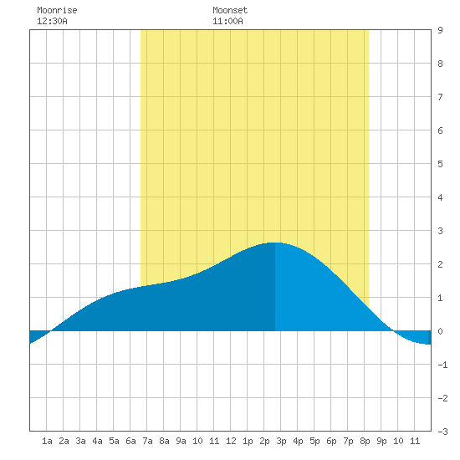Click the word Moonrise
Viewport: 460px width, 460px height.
pyautogui.click(x=57, y=10)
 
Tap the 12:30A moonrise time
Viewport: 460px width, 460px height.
pyautogui.click(x=52, y=21)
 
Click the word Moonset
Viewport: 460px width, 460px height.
pyautogui.click(x=230, y=10)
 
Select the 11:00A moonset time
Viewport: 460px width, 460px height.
pyautogui.click(x=227, y=21)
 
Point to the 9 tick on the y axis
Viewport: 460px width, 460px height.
pyautogui.click(x=440, y=30)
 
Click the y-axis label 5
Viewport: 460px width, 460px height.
pyautogui.click(x=440, y=164)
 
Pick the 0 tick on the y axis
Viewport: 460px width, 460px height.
pyautogui.click(x=440, y=331)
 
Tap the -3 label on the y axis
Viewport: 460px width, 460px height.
pyautogui.click(x=442, y=432)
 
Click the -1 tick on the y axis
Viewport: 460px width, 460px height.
pyautogui.click(x=442, y=365)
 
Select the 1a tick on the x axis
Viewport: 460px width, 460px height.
pyautogui.click(x=47, y=441)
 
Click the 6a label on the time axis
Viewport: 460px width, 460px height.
pyautogui.click(x=130, y=441)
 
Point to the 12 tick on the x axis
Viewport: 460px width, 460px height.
pyautogui.click(x=231, y=441)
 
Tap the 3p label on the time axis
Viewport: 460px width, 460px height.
pyautogui.click(x=281, y=441)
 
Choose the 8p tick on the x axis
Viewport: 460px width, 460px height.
pyautogui.click(x=365, y=441)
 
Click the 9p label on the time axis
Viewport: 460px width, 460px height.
pyautogui.click(x=381, y=441)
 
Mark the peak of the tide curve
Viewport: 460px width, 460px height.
pyautogui.click(x=275, y=243)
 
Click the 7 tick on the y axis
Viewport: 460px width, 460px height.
pyautogui.click(x=440, y=97)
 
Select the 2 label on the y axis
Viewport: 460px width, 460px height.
pyautogui.click(x=440, y=264)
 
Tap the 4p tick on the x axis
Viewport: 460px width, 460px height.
pyautogui.click(x=298, y=441)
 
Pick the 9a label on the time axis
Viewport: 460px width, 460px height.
pyautogui.click(x=181, y=441)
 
